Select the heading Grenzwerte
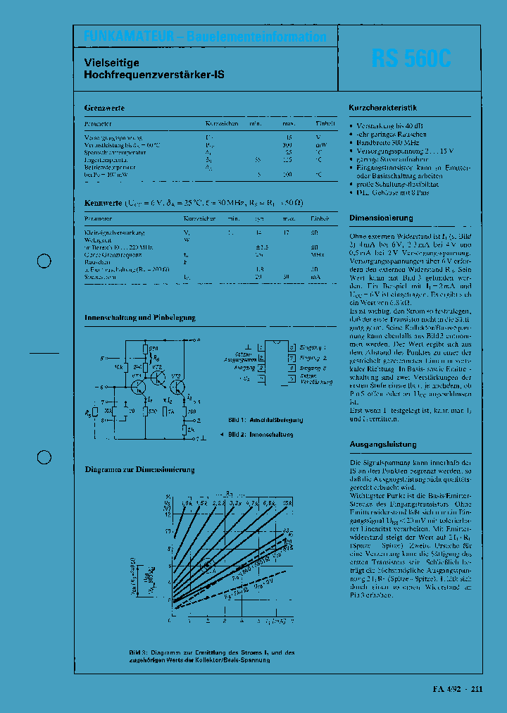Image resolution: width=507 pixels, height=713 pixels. tap(104, 108)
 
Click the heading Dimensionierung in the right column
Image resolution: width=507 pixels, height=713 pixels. tap(381, 218)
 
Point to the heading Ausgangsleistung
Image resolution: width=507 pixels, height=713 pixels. tap(382, 444)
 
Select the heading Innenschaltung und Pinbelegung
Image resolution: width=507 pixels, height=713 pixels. tap(139, 318)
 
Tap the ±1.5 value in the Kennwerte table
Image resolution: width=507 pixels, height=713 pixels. tap(263, 247)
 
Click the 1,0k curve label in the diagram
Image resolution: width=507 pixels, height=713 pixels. tap(187, 502)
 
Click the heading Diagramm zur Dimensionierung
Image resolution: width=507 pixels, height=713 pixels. tap(139, 469)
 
